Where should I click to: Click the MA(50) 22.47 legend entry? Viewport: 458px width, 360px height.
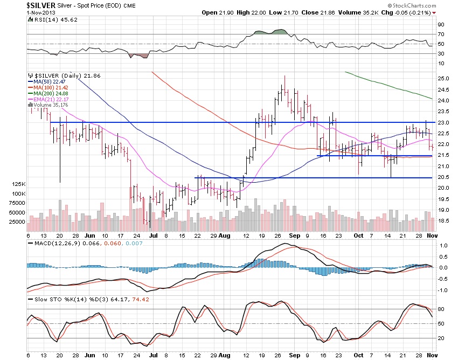pos(48,81)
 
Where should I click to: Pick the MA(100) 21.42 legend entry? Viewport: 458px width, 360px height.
pos(50,87)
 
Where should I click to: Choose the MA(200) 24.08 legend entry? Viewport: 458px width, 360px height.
pos(50,93)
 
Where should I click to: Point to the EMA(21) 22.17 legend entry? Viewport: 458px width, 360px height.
pos(50,99)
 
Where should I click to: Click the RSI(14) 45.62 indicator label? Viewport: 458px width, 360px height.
pos(47,19)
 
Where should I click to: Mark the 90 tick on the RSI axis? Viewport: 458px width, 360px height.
pos(440,24)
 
